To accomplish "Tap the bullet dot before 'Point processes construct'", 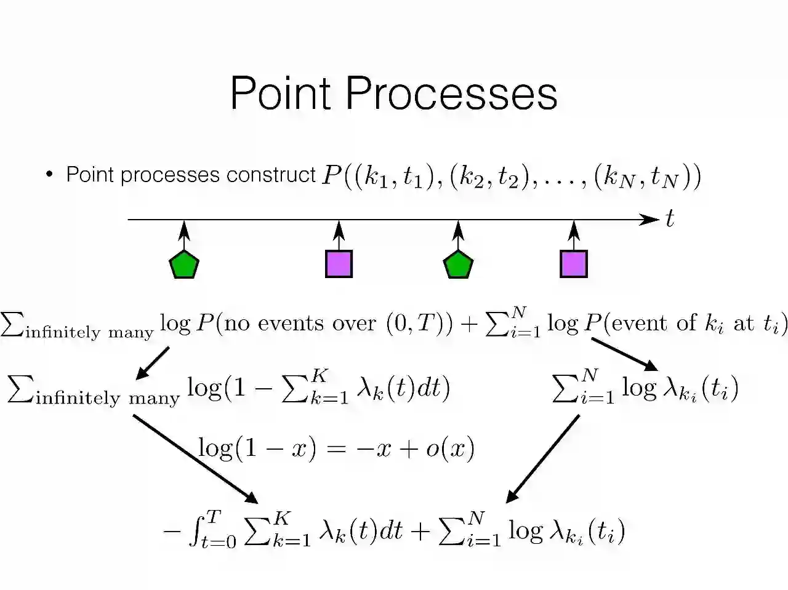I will [49, 175].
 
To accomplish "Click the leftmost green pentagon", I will [184, 265].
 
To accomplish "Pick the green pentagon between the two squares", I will [458, 265].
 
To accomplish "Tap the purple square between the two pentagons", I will [339, 264].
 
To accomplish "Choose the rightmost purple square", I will [574, 264].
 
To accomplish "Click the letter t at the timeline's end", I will [670, 219].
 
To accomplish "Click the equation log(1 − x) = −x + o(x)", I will [336, 448].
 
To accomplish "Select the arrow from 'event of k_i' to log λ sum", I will [624, 354].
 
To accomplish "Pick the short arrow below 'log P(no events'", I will [153, 362].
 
